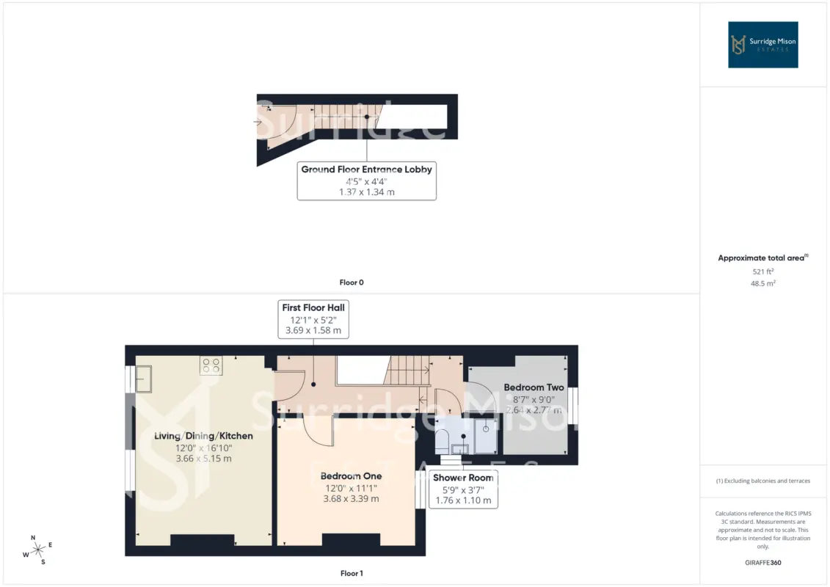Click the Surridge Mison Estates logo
(762, 45)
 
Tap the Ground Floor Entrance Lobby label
(366, 181)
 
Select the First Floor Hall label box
(313, 319)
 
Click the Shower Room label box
(463, 489)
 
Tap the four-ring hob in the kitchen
(211, 365)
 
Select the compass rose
(38, 550)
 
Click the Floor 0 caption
(352, 282)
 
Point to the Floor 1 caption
(352, 573)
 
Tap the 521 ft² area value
(762, 271)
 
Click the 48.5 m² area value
(762, 283)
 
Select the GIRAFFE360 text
(762, 563)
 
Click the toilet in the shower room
(443, 440)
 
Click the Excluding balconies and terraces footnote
(762, 481)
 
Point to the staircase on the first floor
(407, 370)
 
